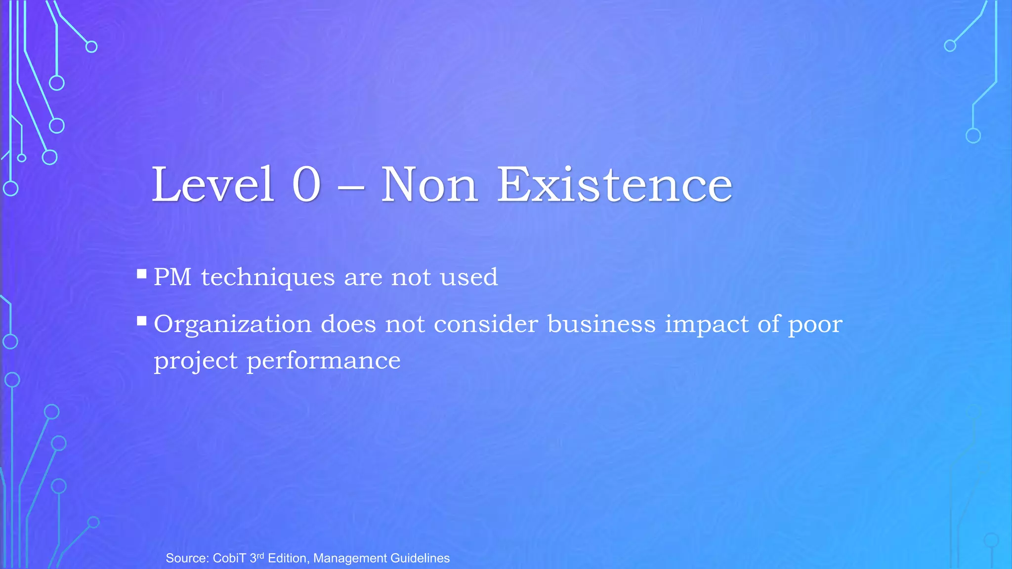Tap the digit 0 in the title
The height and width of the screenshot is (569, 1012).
[306, 185]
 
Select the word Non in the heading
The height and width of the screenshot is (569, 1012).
[429, 185]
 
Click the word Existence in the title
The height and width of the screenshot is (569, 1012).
[614, 185]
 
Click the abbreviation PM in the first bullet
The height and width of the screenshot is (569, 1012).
[172, 277]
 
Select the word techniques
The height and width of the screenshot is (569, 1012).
[268, 277]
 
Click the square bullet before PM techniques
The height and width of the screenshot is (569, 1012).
[142, 274]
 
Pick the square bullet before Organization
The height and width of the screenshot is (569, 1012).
[142, 322]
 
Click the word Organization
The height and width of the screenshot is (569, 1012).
[233, 325]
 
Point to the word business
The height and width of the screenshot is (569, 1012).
[601, 324]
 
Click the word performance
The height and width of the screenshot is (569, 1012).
[324, 361]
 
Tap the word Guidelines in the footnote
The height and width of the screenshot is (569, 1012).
[420, 558]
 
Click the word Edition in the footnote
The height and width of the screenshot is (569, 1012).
[289, 558]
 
